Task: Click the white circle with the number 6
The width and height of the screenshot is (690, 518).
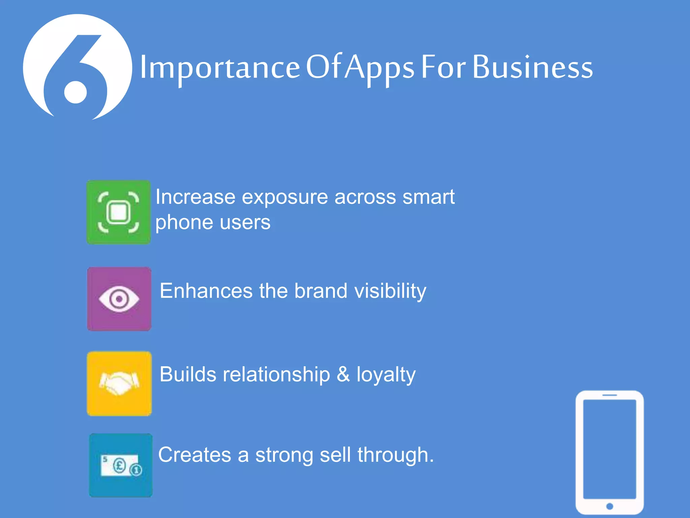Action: coord(77,67)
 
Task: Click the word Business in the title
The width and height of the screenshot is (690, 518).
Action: coord(532,67)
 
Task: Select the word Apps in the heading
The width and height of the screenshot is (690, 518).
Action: coord(380,67)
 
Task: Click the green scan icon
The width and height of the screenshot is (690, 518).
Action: coord(119,212)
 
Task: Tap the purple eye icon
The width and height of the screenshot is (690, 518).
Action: coord(119,299)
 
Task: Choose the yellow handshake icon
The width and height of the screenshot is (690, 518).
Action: coord(119,383)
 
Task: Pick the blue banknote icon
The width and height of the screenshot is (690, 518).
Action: coord(121,465)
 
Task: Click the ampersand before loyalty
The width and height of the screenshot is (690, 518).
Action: coord(343,374)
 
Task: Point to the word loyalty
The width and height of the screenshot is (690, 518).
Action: coord(386,375)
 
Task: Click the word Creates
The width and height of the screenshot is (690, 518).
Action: coord(195,455)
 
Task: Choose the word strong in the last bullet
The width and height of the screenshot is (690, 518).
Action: coord(284,455)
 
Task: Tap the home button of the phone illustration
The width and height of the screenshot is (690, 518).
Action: coord(609,506)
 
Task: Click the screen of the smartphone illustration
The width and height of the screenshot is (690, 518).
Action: coord(609,449)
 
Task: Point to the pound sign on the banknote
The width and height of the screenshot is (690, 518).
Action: coord(119,466)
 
